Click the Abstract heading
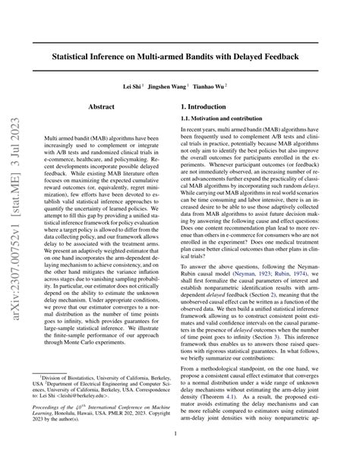point(101,109)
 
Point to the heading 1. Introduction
point(214,109)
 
